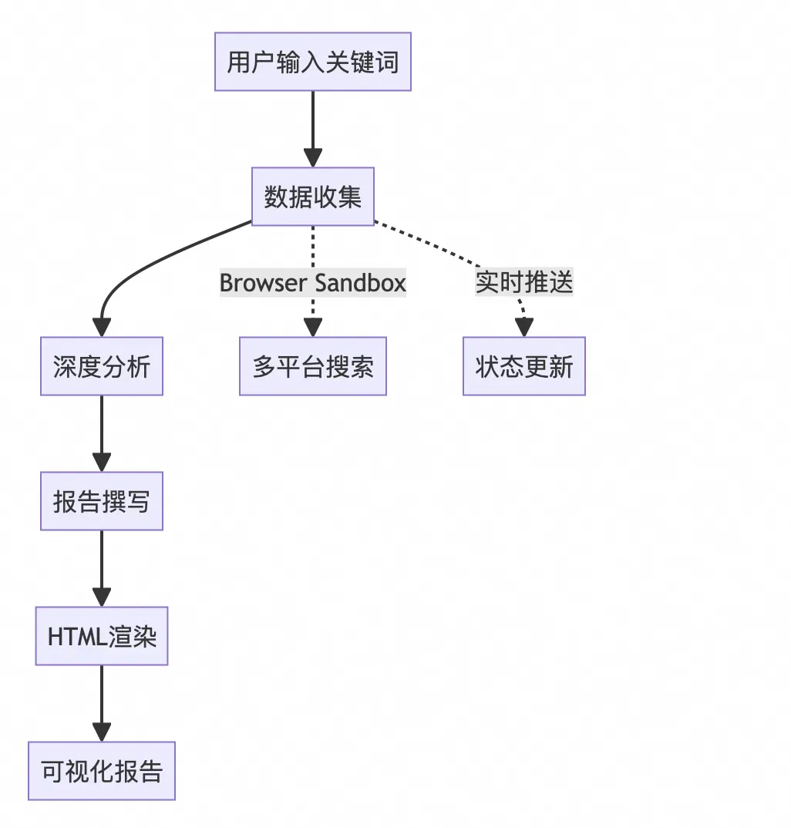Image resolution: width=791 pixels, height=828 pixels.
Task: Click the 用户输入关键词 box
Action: [312, 62]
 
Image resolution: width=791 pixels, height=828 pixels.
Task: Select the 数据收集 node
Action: [312, 197]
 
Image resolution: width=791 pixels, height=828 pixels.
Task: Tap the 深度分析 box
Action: [102, 366]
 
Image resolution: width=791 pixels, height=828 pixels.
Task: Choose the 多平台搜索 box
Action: [312, 366]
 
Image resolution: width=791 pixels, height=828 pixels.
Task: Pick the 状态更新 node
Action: [524, 366]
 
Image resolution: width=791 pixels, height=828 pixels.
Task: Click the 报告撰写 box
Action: [102, 501]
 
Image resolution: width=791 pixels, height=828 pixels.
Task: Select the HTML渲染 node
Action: [102, 636]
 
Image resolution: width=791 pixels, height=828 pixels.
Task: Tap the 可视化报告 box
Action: [102, 771]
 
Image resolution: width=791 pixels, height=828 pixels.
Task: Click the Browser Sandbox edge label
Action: [312, 283]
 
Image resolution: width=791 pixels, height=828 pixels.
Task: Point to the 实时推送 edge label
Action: [524, 283]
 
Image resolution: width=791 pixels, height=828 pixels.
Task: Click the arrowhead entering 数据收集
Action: [312, 157]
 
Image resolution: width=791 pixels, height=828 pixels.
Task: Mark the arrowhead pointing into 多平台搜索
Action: [312, 327]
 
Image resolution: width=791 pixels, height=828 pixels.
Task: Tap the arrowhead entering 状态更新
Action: [524, 327]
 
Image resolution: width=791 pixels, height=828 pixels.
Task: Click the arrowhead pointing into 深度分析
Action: [102, 327]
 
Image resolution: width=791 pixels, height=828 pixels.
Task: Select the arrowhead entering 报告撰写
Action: [102, 462]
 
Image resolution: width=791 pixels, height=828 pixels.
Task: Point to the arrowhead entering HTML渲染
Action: [102, 597]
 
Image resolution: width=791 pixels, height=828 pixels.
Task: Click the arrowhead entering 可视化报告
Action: [102, 732]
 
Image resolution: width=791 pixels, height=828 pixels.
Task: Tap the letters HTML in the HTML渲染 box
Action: [74, 637]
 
